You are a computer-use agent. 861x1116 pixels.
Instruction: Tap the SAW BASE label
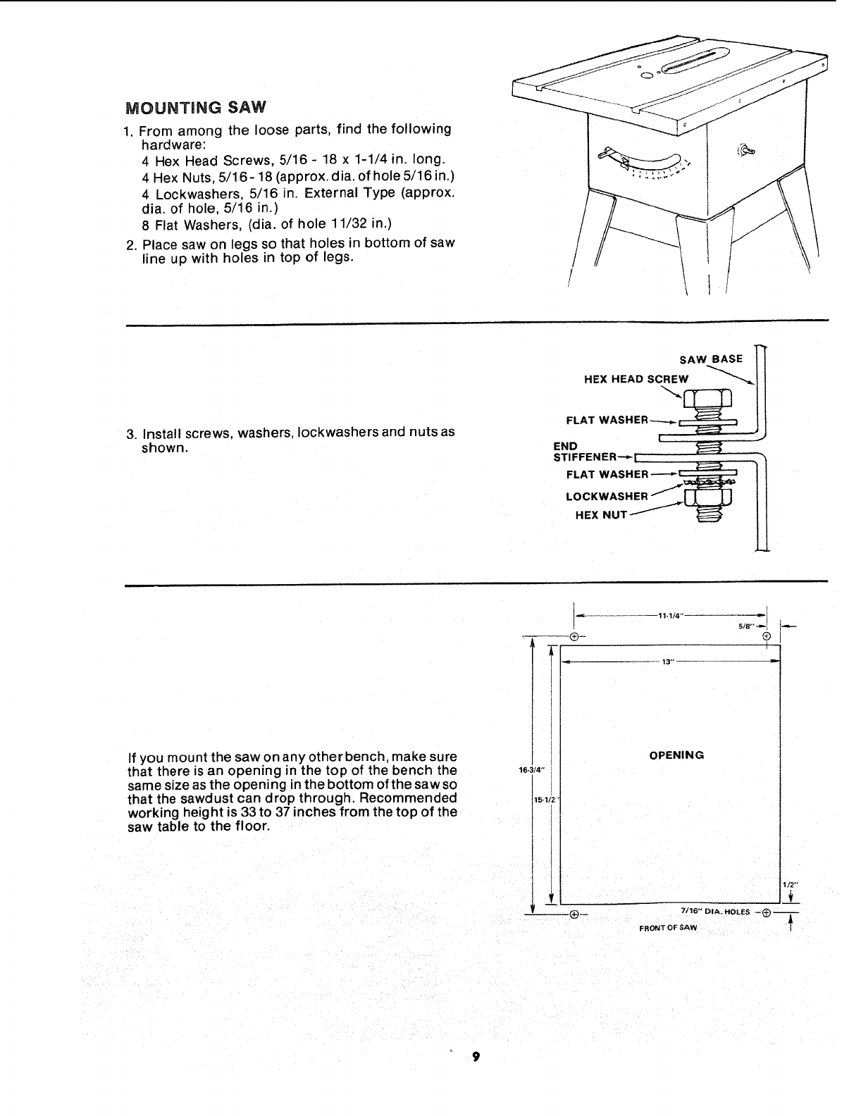(x=711, y=359)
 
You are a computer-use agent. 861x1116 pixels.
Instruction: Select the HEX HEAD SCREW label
(x=636, y=379)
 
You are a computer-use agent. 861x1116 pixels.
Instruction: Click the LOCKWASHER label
(x=607, y=496)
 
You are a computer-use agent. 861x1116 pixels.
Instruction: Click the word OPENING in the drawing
(x=676, y=755)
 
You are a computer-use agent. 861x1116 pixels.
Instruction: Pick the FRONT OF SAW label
(x=667, y=927)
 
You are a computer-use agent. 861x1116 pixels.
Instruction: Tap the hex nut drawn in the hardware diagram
(x=707, y=498)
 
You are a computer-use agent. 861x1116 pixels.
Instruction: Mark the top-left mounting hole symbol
(x=574, y=636)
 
